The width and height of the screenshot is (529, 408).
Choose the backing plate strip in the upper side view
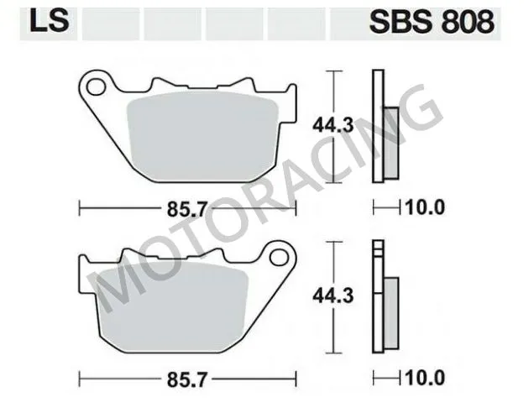[377, 126]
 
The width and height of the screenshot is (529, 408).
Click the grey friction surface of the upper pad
[202, 134]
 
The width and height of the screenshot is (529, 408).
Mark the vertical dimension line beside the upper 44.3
[337, 97]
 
